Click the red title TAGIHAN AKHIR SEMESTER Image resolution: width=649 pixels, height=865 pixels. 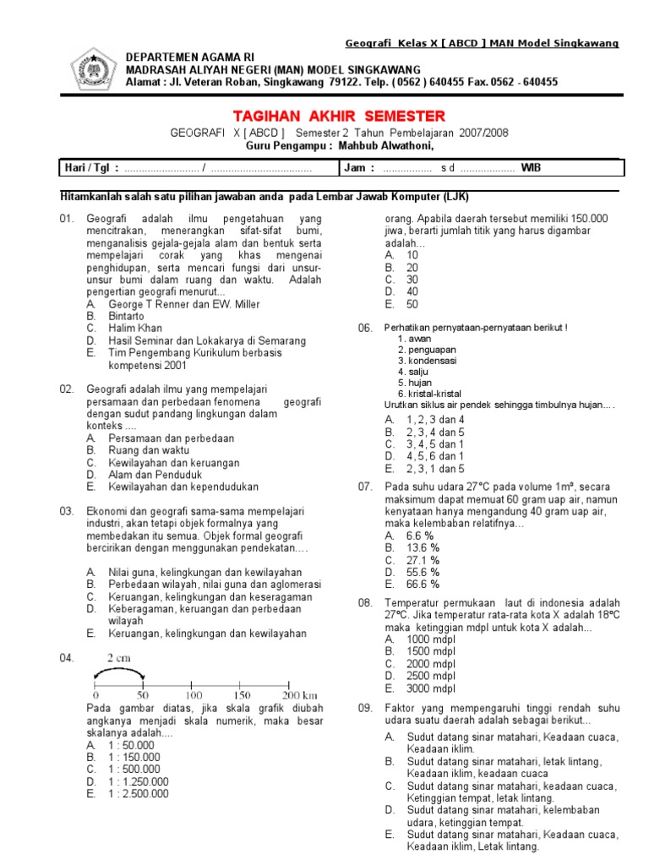coord(338,116)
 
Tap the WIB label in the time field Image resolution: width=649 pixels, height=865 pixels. coord(532,168)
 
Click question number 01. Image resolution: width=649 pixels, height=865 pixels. coord(68,220)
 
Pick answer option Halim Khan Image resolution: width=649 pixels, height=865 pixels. coord(135,328)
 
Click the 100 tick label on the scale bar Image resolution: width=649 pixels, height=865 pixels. coord(194,694)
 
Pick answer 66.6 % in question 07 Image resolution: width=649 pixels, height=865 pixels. coord(423,584)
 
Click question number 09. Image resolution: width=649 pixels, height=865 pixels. coord(366,707)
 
